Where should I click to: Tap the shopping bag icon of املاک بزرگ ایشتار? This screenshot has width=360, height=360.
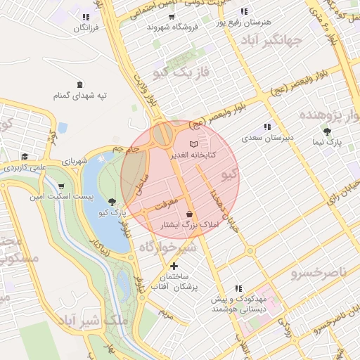click(x=189, y=214)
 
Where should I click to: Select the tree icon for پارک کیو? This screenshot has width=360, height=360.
click(x=112, y=202)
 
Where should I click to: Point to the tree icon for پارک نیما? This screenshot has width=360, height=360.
click(x=328, y=131)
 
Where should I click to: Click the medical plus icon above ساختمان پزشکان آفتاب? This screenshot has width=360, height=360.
click(x=174, y=266)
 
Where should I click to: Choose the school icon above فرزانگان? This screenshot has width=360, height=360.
click(x=86, y=17)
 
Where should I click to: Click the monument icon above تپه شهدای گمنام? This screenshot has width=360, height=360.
click(x=79, y=84)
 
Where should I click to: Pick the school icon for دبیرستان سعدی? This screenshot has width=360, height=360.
click(x=267, y=127)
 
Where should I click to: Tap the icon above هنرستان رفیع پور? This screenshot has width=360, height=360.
click(x=244, y=12)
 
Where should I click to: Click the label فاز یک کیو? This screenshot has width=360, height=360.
click(x=181, y=72)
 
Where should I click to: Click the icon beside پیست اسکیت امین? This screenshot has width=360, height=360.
click(x=33, y=196)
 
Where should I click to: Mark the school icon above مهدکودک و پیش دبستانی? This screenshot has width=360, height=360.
click(x=239, y=288)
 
